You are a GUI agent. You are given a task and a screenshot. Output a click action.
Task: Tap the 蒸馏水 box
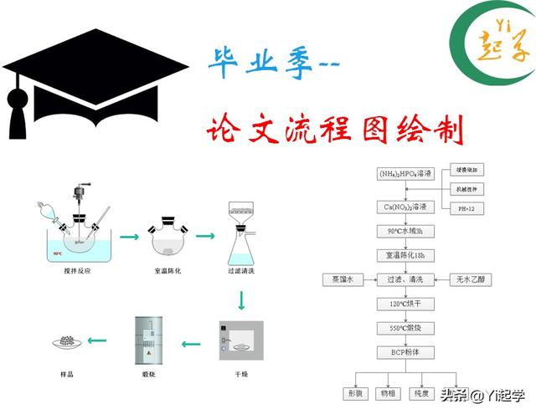(343, 279)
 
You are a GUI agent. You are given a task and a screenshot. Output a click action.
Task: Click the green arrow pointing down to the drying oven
(242, 297)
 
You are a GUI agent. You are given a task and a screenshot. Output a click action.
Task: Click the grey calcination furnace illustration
(147, 340)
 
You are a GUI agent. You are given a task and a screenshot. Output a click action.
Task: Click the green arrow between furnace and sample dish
(99, 340)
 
